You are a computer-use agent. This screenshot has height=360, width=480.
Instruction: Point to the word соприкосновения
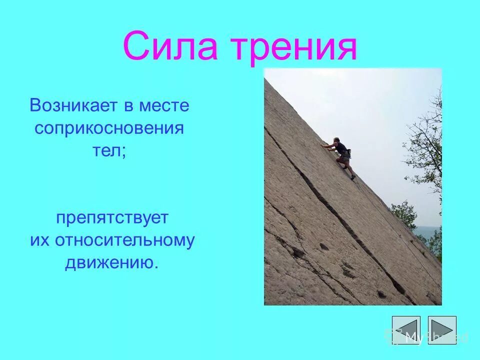[109, 128]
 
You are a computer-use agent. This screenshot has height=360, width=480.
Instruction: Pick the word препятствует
[112, 218]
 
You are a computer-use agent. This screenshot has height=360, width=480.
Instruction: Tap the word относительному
[124, 240]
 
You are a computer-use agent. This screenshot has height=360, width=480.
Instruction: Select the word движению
[111, 262]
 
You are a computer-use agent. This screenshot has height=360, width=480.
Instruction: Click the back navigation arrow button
[406, 330]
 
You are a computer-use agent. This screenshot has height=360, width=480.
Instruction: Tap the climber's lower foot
[353, 176]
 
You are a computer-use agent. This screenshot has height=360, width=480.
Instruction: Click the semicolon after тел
[123, 152]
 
